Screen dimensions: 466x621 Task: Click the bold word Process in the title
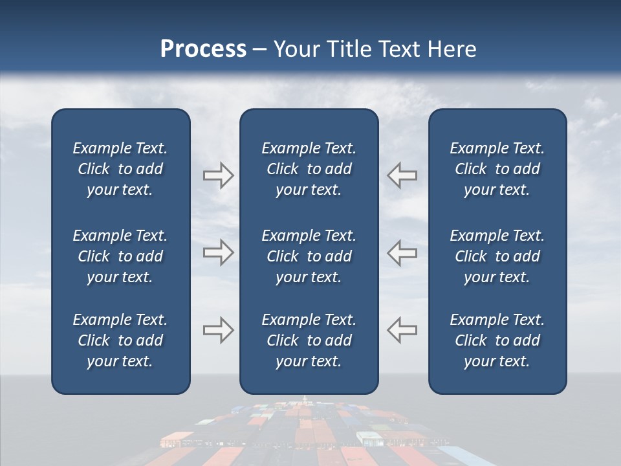[203, 49]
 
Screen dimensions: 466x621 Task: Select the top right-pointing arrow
[218, 175]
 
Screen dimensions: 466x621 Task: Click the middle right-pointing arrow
[218, 252]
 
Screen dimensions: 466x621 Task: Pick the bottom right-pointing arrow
[218, 329]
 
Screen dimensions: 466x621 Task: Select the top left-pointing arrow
[402, 175]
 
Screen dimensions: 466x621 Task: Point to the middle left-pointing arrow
[402, 252]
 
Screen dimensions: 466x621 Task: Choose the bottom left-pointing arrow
[402, 329]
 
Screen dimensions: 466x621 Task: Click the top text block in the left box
[120, 169]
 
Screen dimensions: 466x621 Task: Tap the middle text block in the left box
[120, 256]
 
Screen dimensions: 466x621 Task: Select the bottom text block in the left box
[120, 340]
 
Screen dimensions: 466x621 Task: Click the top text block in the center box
[309, 169]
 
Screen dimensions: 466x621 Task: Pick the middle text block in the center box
[309, 256]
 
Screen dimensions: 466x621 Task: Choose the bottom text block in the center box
[309, 340]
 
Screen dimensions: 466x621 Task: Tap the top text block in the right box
[497, 169]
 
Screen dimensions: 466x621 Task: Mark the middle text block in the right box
[497, 256]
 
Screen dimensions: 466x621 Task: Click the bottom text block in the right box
[497, 340]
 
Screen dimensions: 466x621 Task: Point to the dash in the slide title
[260, 50]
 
